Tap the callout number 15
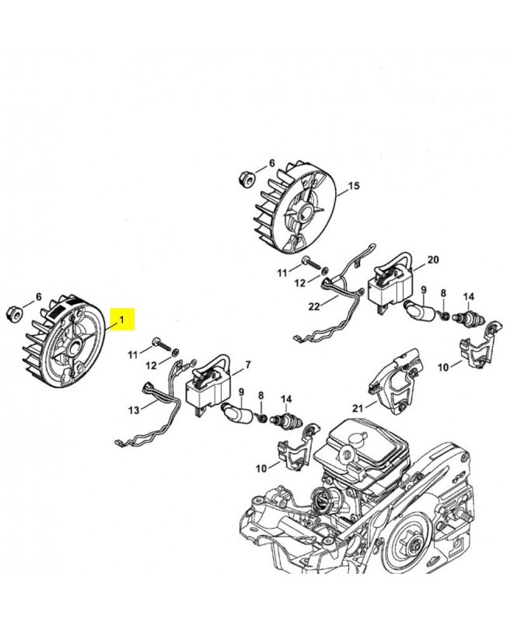pyautogui.click(x=354, y=186)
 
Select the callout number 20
pyautogui.click(x=433, y=259)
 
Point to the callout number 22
pyautogui.click(x=313, y=307)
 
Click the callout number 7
pyautogui.click(x=247, y=365)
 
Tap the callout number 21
pyautogui.click(x=358, y=407)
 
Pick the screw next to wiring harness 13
pyautogui.click(x=162, y=343)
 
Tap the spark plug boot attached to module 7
pyautogui.click(x=236, y=413)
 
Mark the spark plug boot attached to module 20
pyautogui.click(x=420, y=310)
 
